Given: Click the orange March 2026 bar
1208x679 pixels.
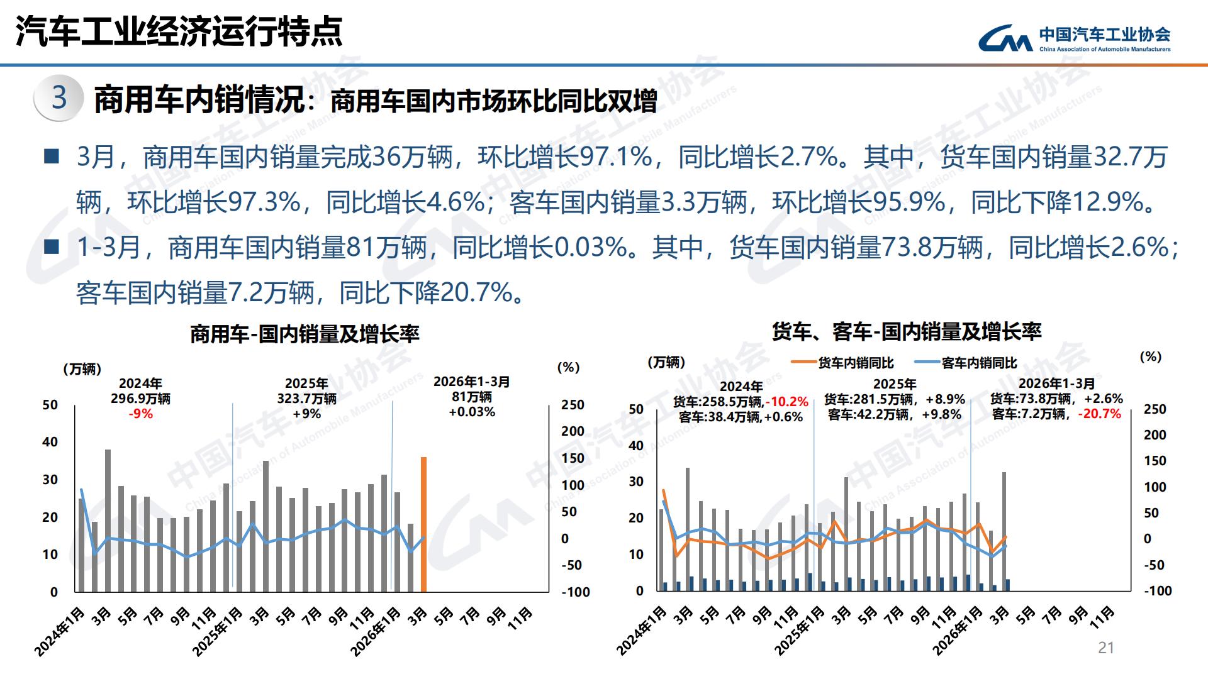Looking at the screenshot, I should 423,524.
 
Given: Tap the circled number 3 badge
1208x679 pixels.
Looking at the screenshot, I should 59,98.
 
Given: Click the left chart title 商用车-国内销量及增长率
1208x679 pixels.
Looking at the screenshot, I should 305,334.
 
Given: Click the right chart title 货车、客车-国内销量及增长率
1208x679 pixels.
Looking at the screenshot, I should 907,331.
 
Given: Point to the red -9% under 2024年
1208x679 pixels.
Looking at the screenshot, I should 140,414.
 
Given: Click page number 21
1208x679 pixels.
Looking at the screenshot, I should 1105,648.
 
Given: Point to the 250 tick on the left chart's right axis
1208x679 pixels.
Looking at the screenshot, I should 573,405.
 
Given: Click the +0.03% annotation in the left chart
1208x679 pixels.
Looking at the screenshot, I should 472,412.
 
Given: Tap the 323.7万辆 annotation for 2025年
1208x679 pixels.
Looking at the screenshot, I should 306,399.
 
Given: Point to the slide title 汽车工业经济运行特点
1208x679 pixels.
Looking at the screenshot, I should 179,31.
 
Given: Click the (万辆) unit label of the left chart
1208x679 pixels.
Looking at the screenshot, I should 82,369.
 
